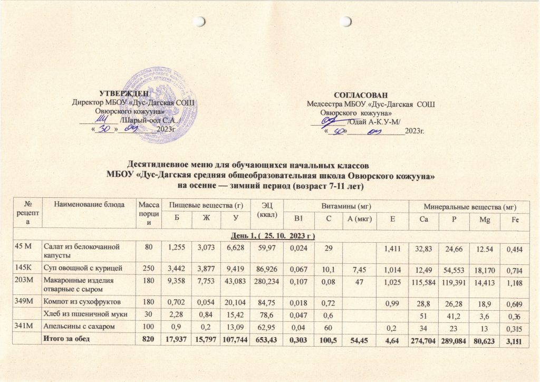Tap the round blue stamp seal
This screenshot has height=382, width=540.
point(158,108)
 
